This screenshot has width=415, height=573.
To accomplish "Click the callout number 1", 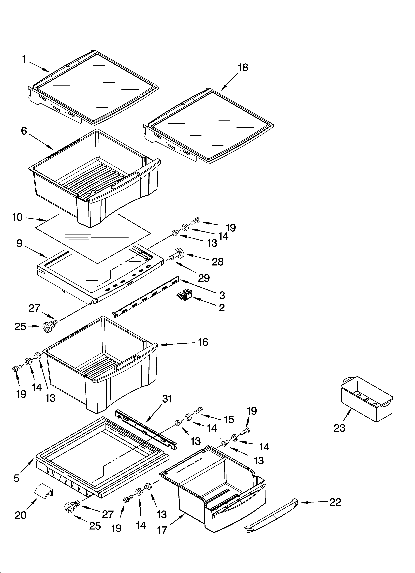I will (x=24, y=60).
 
